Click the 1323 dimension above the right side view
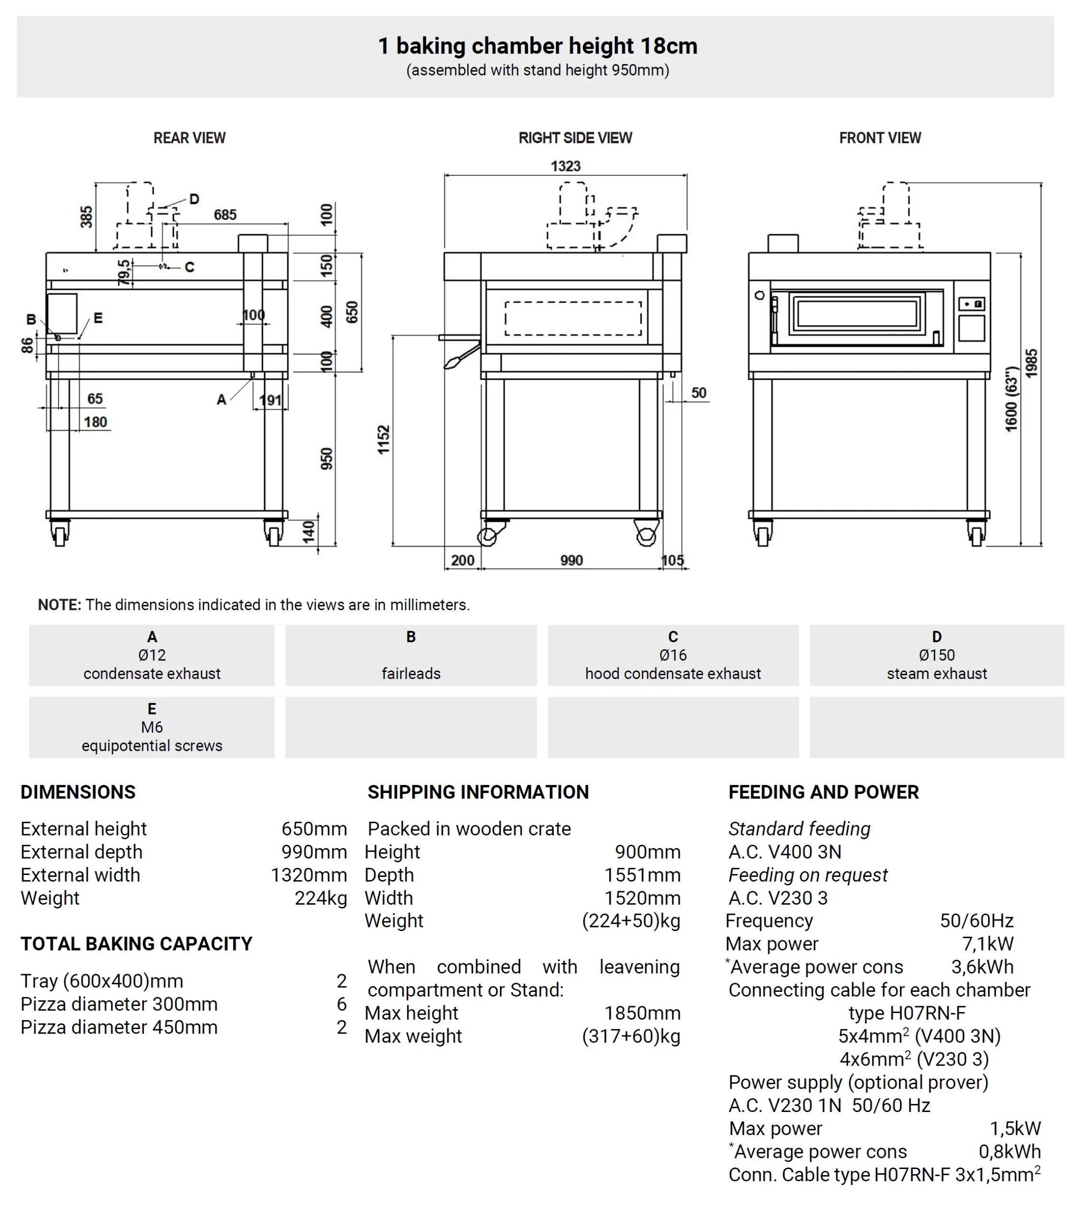click(566, 166)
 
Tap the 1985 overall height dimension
click(1031, 363)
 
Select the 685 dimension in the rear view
click(225, 215)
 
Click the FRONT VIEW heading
click(879, 138)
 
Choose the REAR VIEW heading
click(190, 138)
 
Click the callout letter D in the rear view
click(194, 199)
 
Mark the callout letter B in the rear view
click(31, 319)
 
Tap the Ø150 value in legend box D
click(936, 655)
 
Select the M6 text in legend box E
click(152, 727)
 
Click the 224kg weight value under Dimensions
click(320, 898)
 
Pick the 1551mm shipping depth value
click(642, 875)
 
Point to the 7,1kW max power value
click(987, 944)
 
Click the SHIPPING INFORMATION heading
click(478, 792)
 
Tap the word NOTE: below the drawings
click(59, 604)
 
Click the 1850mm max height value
click(642, 1013)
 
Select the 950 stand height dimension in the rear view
click(326, 459)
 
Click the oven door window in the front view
click(857, 313)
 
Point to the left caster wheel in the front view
click(762, 534)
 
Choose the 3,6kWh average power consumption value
click(982, 967)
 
